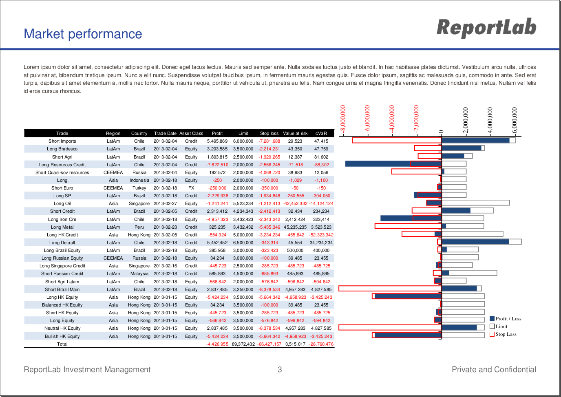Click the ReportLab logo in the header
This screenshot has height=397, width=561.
pyautogui.click(x=486, y=28)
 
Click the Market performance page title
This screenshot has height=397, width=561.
pyautogui.click(x=83, y=34)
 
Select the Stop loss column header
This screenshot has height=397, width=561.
pyautogui.click(x=269, y=133)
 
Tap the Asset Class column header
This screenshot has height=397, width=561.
pyautogui.click(x=191, y=133)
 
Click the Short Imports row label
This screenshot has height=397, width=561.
pyautogui.click(x=62, y=141)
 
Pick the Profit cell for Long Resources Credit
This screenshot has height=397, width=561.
pyautogui.click(x=217, y=165)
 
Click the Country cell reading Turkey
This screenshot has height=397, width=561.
pyautogui.click(x=139, y=188)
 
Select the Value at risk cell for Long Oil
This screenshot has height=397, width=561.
pyautogui.click(x=295, y=203)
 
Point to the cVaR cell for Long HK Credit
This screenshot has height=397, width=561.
pyautogui.click(x=321, y=235)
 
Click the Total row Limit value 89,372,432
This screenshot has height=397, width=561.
pyautogui.click(x=243, y=344)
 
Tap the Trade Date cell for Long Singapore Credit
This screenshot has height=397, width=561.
pyautogui.click(x=165, y=266)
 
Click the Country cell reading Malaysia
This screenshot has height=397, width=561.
pyautogui.click(x=139, y=273)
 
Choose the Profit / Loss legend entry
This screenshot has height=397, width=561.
pyautogui.click(x=506, y=319)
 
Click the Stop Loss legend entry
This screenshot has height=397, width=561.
pyautogui.click(x=503, y=334)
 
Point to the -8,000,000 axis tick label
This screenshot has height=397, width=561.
pyautogui.click(x=342, y=119)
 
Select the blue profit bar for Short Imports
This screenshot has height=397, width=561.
pyautogui.click(x=475, y=141)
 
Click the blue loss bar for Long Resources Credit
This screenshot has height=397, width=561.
pyautogui.click(x=393, y=164)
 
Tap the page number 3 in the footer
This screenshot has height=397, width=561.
pyautogui.click(x=280, y=369)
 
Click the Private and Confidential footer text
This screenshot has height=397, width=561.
pyautogui.click(x=494, y=369)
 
